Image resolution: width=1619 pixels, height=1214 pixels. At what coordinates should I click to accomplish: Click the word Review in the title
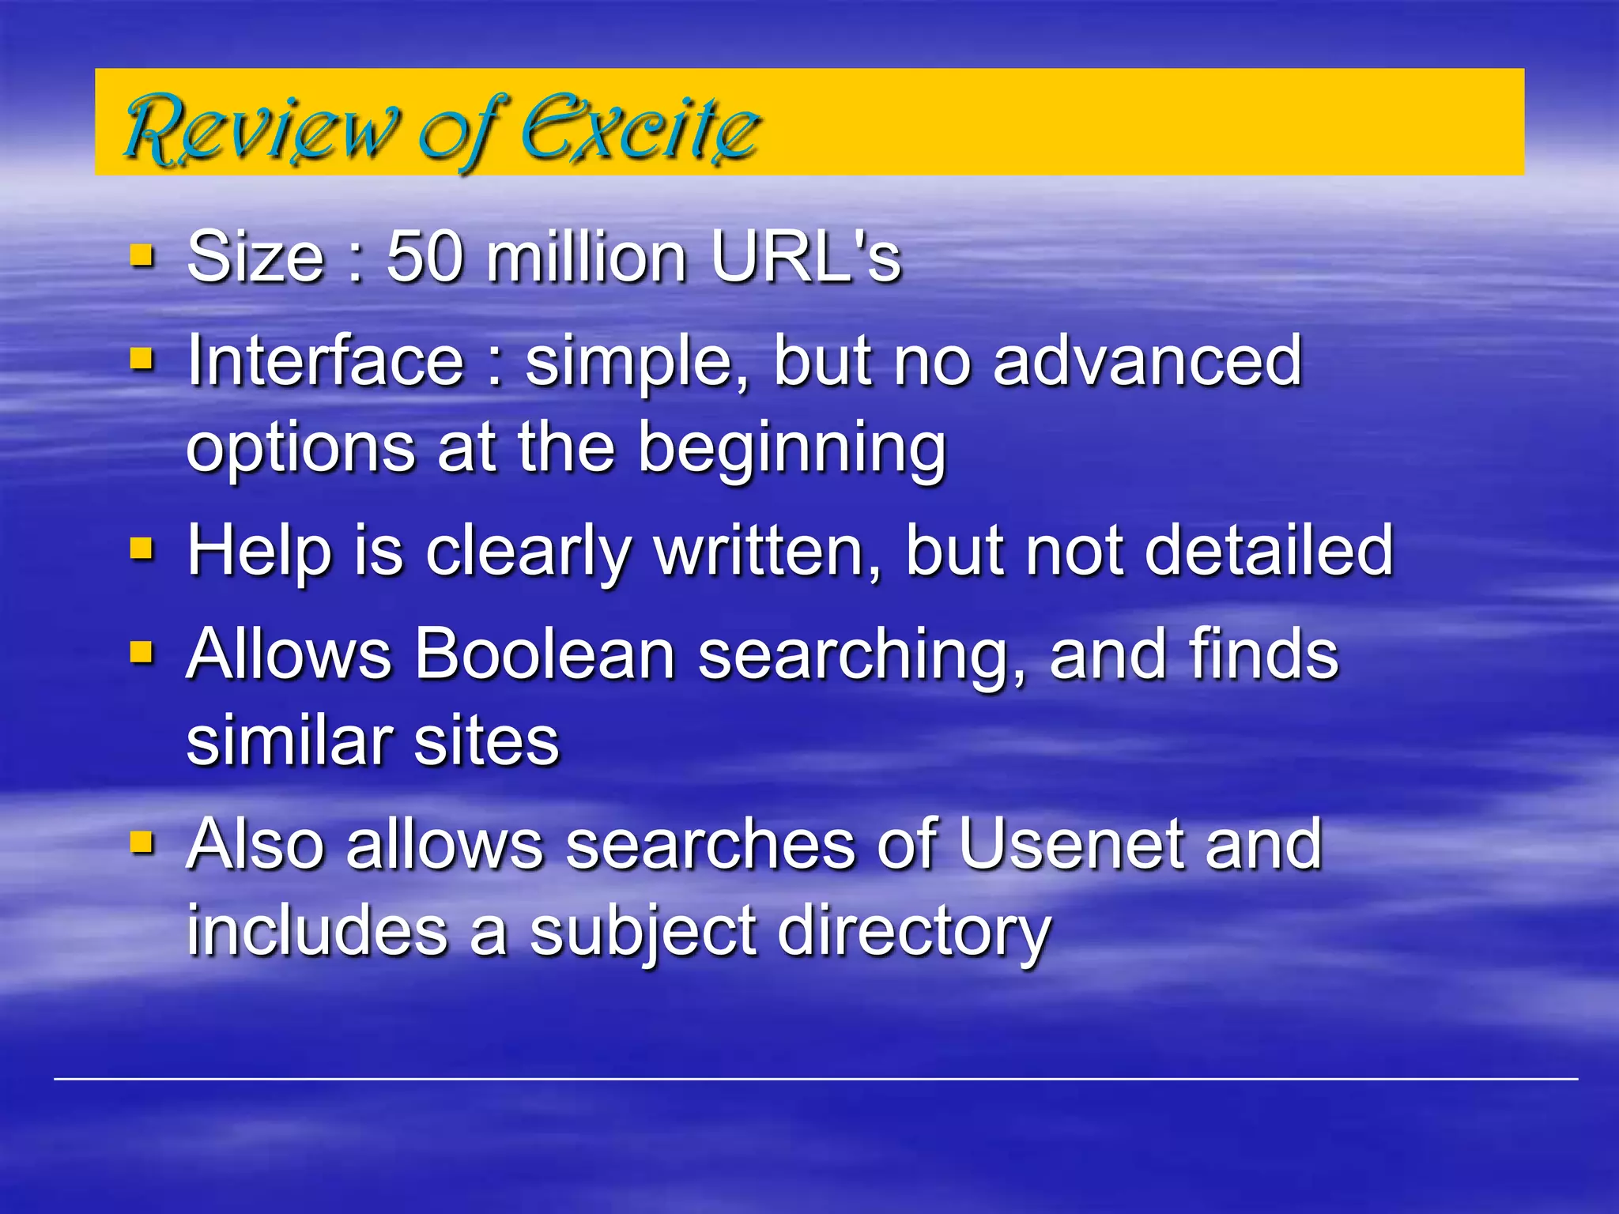click(x=261, y=128)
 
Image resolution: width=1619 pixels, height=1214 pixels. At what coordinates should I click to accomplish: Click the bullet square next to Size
click(x=142, y=256)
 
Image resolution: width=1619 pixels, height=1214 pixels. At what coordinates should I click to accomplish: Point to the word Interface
click(x=325, y=361)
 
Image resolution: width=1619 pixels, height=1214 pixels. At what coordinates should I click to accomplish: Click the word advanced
click(x=1146, y=361)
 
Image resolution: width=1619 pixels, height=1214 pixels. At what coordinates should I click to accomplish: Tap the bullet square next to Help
click(x=142, y=548)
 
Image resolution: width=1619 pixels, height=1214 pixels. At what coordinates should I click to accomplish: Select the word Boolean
click(x=545, y=654)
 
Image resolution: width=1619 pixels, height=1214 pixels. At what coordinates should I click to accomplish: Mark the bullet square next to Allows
click(x=142, y=652)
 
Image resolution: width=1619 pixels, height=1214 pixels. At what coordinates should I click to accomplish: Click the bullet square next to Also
click(x=142, y=843)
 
